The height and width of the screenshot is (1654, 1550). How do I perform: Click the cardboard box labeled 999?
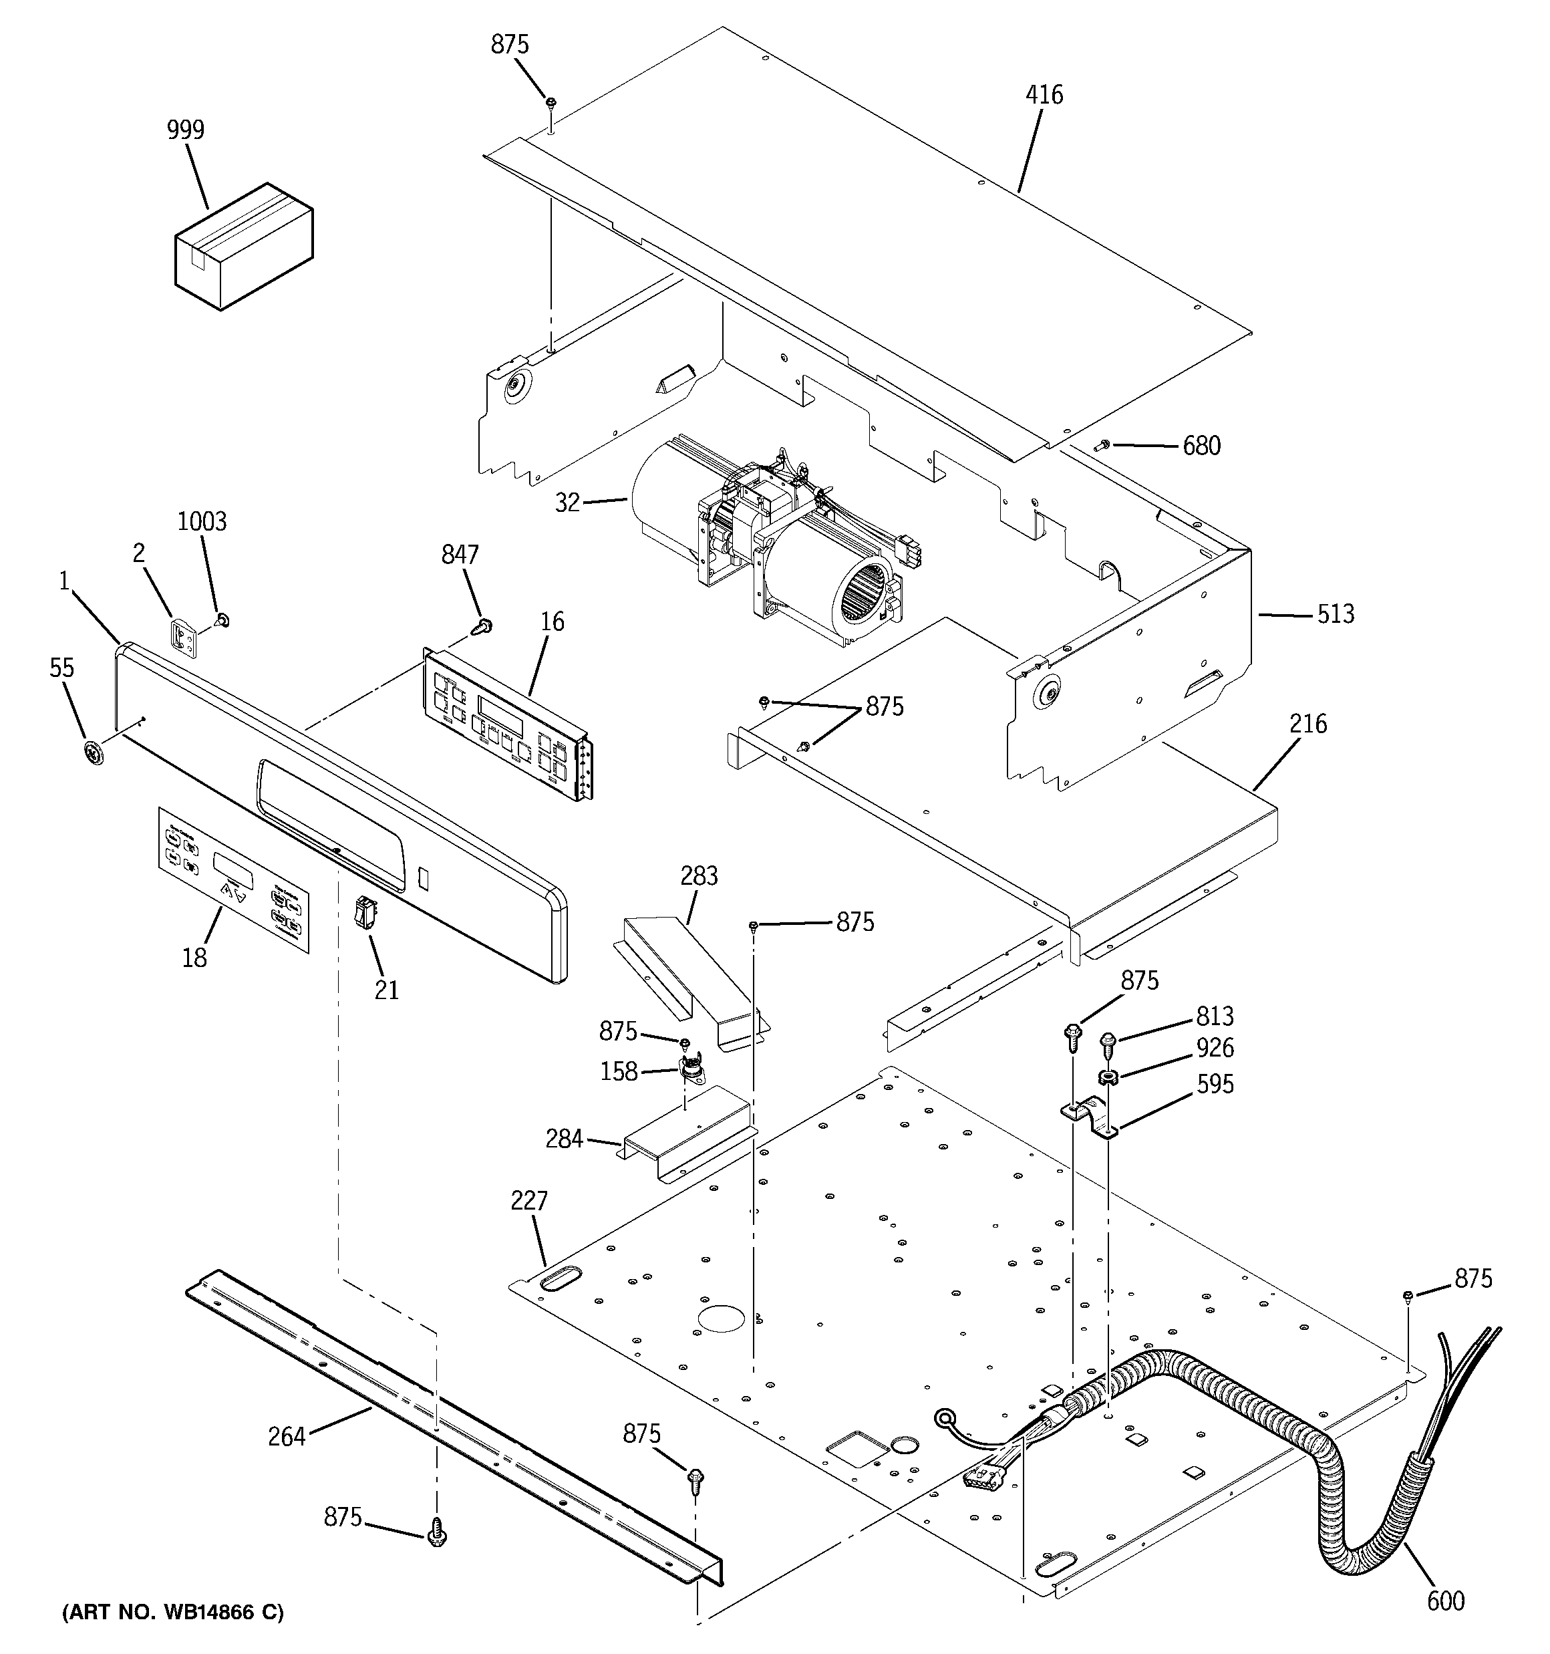243,248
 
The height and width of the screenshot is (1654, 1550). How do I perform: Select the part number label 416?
1044,95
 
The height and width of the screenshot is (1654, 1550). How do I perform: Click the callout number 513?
1336,614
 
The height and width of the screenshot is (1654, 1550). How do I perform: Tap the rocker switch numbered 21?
364,912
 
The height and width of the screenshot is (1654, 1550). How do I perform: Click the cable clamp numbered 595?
1090,1119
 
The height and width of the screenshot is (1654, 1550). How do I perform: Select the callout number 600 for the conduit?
1445,1601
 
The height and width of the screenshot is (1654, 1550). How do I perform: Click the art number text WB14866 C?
173,1613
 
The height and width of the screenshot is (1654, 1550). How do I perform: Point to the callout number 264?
286,1437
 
